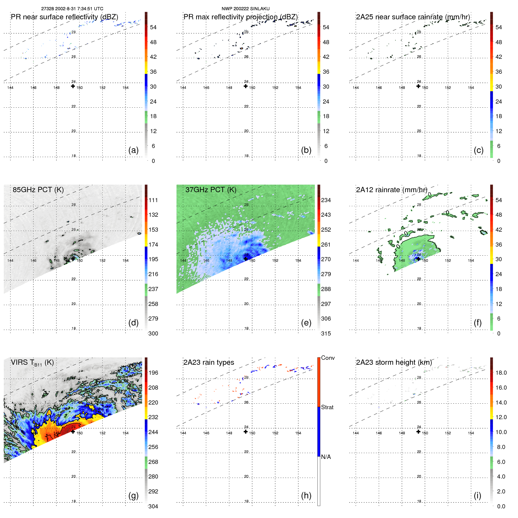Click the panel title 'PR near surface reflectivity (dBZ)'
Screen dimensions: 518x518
point(64,17)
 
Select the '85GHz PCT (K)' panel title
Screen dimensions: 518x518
point(38,190)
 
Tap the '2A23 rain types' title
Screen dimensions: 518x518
point(209,362)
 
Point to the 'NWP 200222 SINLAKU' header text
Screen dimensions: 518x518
point(245,9)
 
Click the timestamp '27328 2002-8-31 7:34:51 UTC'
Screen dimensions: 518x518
point(72,9)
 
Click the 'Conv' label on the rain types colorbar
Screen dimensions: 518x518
point(328,358)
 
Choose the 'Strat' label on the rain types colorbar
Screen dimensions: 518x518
point(327,407)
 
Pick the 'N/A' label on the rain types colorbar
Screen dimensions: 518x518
point(326,457)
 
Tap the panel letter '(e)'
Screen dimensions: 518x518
point(306,323)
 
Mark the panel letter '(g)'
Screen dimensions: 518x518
point(133,495)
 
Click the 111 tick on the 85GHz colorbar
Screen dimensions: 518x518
point(153,200)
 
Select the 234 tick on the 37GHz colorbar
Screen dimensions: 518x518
point(326,200)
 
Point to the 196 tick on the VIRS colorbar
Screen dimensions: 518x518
point(153,373)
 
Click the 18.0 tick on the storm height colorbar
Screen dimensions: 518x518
point(501,373)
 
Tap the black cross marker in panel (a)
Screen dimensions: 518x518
point(73,86)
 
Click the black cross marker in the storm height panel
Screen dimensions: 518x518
point(418,432)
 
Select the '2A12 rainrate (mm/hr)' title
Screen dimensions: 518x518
point(392,190)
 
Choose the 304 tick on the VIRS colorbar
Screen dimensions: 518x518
point(153,506)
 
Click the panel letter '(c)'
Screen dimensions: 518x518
point(479,150)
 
